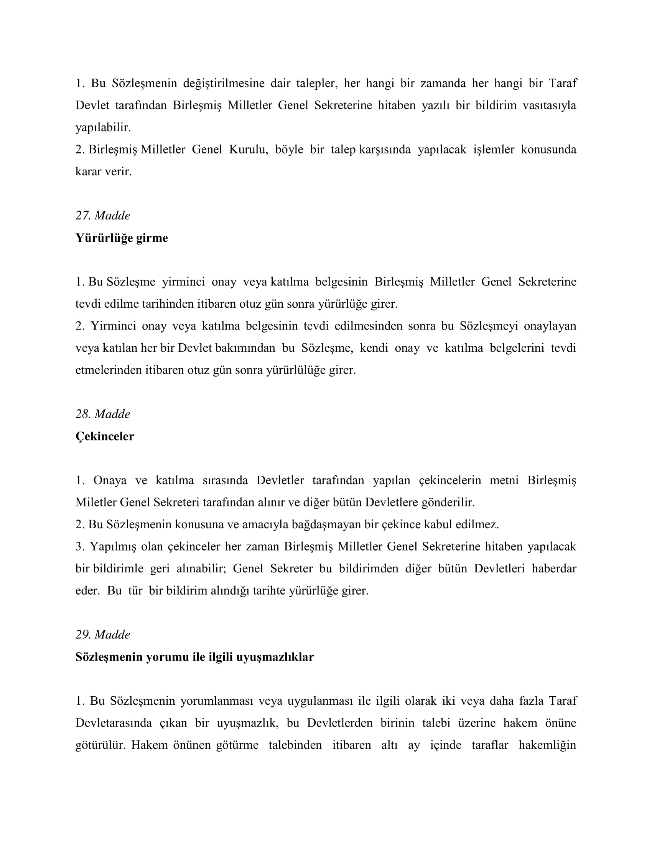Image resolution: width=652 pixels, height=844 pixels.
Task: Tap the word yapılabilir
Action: tap(103, 127)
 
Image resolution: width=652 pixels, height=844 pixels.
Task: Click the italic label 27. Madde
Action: tap(103, 216)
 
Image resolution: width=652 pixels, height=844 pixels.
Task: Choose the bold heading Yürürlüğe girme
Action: tap(122, 238)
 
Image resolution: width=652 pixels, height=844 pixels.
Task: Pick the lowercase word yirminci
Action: tap(183, 282)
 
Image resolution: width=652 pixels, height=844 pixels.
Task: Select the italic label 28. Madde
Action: tap(103, 414)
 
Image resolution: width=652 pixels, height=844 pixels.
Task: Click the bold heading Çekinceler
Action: tap(105, 437)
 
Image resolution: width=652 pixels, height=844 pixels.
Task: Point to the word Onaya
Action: tap(110, 480)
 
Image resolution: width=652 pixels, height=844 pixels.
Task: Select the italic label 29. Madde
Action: tap(103, 635)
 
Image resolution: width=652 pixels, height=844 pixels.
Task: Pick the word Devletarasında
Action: tap(114, 723)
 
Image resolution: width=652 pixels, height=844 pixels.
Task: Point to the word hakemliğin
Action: tap(547, 745)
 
